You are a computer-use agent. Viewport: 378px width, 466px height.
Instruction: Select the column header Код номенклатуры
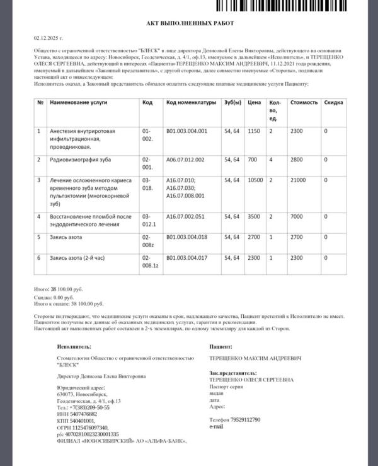click(x=191, y=102)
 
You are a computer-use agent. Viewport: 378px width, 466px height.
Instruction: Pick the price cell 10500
click(x=255, y=180)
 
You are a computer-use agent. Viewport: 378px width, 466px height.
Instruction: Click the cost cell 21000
click(x=298, y=180)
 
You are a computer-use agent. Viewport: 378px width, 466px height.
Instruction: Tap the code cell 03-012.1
click(x=149, y=219)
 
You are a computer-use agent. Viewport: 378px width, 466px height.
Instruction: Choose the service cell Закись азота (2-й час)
click(x=77, y=258)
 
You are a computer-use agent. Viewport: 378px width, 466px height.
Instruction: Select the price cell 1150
click(x=254, y=131)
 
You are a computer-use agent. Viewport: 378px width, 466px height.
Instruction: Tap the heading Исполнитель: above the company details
click(x=74, y=347)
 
